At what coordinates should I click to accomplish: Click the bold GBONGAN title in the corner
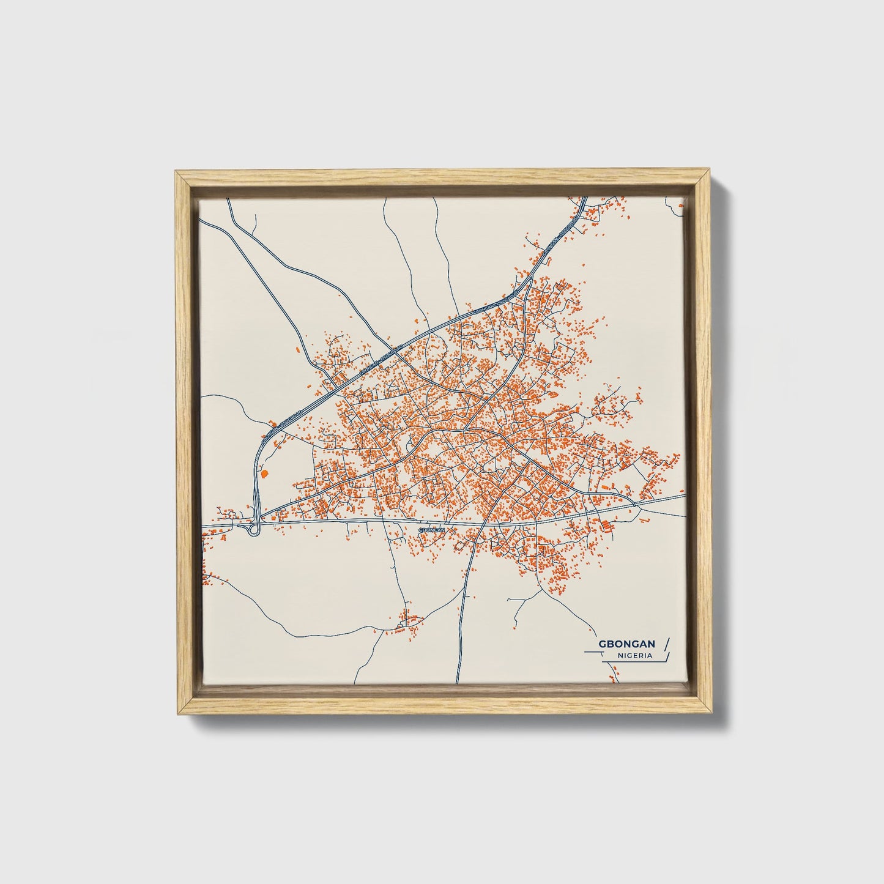pyautogui.click(x=627, y=644)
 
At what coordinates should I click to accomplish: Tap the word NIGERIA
pyautogui.click(x=634, y=655)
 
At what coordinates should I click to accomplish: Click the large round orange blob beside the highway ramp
pyautogui.click(x=264, y=473)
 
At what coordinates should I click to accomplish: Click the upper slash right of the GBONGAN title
pyautogui.click(x=667, y=643)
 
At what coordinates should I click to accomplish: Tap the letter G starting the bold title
pyautogui.click(x=603, y=644)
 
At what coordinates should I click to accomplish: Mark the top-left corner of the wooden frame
pyautogui.click(x=176, y=173)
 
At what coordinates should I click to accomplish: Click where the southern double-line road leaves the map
pyautogui.click(x=457, y=682)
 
